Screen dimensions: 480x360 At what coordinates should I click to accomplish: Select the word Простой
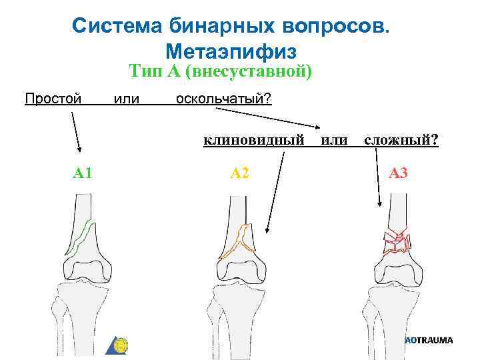point(53,99)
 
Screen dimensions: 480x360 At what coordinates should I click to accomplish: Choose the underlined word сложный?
point(401,140)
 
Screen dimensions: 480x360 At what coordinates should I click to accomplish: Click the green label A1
point(83,174)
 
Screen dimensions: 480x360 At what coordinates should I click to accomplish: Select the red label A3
point(398,174)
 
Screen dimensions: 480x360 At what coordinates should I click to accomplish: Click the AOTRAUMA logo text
point(429,340)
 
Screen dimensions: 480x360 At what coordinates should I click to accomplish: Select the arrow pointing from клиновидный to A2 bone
point(276,193)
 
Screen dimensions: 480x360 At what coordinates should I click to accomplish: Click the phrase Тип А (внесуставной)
point(221,71)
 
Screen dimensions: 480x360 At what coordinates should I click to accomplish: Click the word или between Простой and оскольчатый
point(127,99)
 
